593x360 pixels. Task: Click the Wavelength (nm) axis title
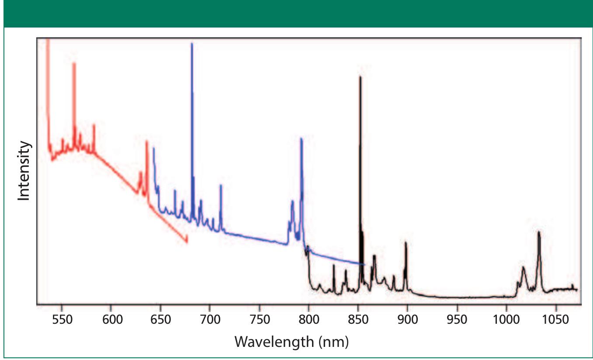[291, 341]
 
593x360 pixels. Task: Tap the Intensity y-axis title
[24, 171]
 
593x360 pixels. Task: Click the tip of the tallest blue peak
[191, 43]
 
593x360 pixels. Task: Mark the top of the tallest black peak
[360, 77]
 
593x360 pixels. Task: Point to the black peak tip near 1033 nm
[539, 232]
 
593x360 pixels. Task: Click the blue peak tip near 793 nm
[301, 138]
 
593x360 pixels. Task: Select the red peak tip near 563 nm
[74, 63]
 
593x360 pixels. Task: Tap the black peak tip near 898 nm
[406, 242]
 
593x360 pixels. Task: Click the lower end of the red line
[187, 242]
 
